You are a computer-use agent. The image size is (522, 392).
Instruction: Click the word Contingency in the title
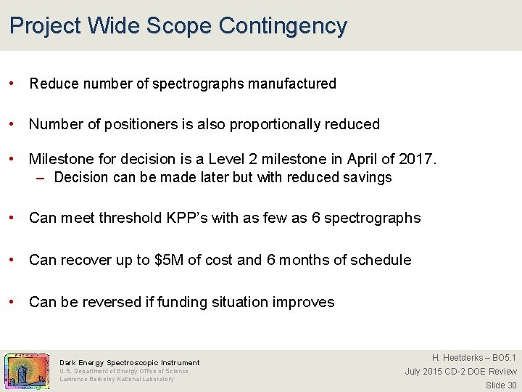click(282, 26)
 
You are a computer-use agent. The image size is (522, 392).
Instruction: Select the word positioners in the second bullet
click(119, 124)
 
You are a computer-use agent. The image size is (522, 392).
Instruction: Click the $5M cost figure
click(170, 260)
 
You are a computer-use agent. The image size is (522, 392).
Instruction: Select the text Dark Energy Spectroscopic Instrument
click(129, 362)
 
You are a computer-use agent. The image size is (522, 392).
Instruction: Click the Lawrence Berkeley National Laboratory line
click(116, 379)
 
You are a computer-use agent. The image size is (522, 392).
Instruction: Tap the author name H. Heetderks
click(460, 358)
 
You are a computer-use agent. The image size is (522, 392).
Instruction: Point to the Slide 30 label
click(501, 385)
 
